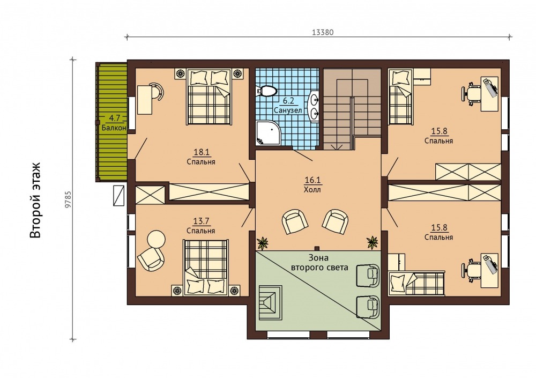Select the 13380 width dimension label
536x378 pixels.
323,32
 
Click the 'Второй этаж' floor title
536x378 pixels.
35,200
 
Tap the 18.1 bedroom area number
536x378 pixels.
201,152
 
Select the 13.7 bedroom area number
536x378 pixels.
201,221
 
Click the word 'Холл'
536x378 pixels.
312,189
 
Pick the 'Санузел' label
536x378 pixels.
288,110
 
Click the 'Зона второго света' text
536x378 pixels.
319,262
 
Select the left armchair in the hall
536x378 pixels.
294,221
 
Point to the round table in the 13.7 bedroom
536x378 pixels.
156,239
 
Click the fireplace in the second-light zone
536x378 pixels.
270,302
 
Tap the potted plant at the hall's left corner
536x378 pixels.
263,243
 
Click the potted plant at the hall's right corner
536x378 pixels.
373,242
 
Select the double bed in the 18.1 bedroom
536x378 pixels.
209,96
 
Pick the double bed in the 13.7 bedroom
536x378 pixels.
206,267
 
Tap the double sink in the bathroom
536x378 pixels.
315,106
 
